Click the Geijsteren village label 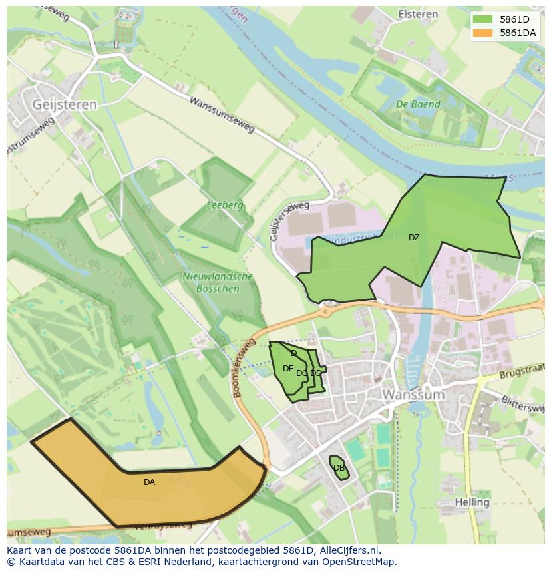click(65, 104)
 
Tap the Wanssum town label click(413, 395)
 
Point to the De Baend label click(418, 104)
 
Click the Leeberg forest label click(224, 206)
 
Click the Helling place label click(472, 502)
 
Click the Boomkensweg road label click(244, 368)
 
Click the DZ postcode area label click(414, 238)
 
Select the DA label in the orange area click(149, 482)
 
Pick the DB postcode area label click(339, 467)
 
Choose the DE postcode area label click(287, 369)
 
